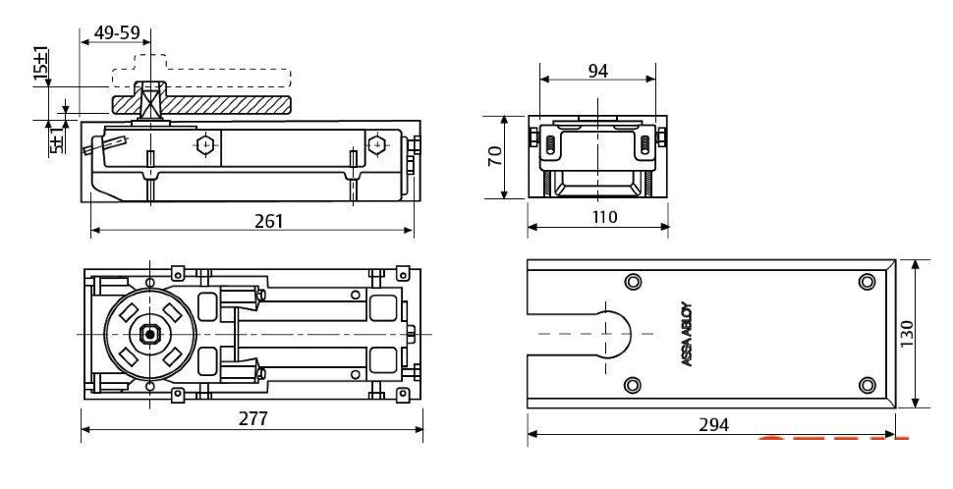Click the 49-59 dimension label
tap(117, 32)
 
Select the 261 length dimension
tap(268, 221)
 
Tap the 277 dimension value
tap(252, 418)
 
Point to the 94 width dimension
tap(598, 71)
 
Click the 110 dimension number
tap(603, 217)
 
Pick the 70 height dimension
tap(495, 155)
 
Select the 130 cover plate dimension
tap(906, 334)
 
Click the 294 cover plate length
tap(713, 424)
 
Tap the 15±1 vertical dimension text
tap(40, 63)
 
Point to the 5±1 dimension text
tap(56, 140)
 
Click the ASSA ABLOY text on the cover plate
tap(687, 334)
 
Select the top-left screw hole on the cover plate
tap(633, 282)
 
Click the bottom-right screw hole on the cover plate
tap(867, 385)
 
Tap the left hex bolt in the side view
tap(205, 145)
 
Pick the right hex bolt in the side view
tap(377, 145)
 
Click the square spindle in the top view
tap(149, 334)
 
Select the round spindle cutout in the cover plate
tap(614, 334)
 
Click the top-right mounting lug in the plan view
tap(402, 273)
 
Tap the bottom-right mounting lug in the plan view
tap(402, 396)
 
